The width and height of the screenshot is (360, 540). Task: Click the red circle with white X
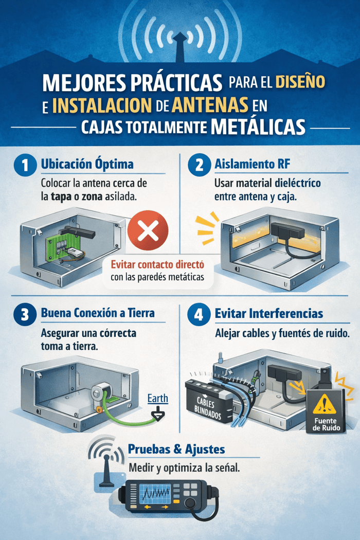[x=148, y=230]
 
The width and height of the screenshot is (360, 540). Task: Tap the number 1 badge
[x=25, y=165]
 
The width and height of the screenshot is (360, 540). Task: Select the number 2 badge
[x=199, y=165]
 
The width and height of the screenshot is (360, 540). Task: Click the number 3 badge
[x=25, y=314]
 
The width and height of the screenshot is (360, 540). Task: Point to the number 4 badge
[x=199, y=314]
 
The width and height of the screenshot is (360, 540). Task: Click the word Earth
[x=158, y=398]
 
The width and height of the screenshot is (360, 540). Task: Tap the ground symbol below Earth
[x=158, y=415]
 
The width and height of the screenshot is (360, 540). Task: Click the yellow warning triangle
[x=324, y=404]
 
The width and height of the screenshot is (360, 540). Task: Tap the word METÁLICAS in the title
[x=258, y=127]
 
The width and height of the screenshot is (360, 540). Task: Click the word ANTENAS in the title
[x=210, y=104]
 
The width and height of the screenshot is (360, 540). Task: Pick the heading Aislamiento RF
[x=252, y=164]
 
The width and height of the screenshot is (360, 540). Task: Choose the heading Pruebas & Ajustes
[x=176, y=449]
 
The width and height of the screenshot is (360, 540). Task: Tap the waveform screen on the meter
[x=155, y=494]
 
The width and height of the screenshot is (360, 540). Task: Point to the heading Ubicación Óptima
[x=87, y=164]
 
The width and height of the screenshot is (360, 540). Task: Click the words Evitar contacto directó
[x=157, y=264]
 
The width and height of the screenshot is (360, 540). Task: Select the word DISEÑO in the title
[x=300, y=81]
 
